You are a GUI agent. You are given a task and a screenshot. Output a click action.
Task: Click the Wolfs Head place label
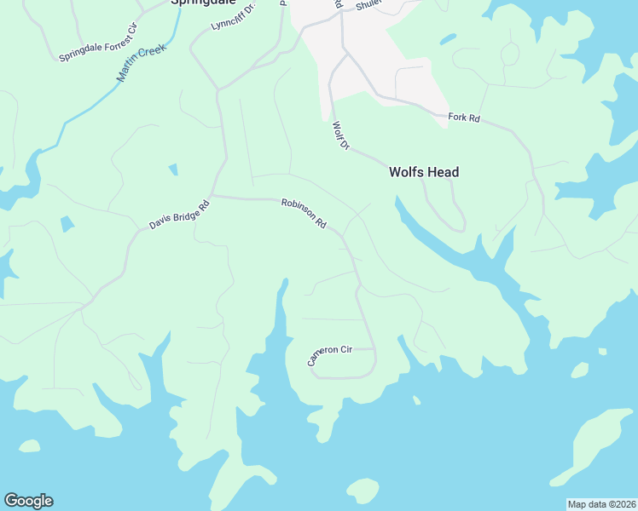coord(424,172)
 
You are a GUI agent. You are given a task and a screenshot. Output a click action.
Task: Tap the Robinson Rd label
coord(304,214)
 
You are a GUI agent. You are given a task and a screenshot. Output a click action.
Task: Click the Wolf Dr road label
coord(341,136)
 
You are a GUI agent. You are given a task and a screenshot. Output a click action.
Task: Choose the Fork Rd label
coord(464,118)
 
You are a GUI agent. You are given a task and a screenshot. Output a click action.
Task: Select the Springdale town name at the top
coord(202,3)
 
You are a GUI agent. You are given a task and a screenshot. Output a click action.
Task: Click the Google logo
coord(28,501)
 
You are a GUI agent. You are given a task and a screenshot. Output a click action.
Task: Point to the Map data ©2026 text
coord(601,504)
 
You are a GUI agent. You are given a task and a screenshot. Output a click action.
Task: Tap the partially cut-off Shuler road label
coord(366,4)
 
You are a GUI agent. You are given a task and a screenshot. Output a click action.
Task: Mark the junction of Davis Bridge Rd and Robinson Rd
coord(213,196)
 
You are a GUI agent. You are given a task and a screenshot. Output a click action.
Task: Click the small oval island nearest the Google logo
coord(29,446)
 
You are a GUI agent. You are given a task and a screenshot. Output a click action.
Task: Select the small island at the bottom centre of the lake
coord(362,490)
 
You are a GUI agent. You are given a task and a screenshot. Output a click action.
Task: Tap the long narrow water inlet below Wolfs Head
coord(444,243)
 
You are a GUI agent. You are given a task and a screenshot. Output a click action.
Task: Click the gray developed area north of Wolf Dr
coord(375,51)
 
